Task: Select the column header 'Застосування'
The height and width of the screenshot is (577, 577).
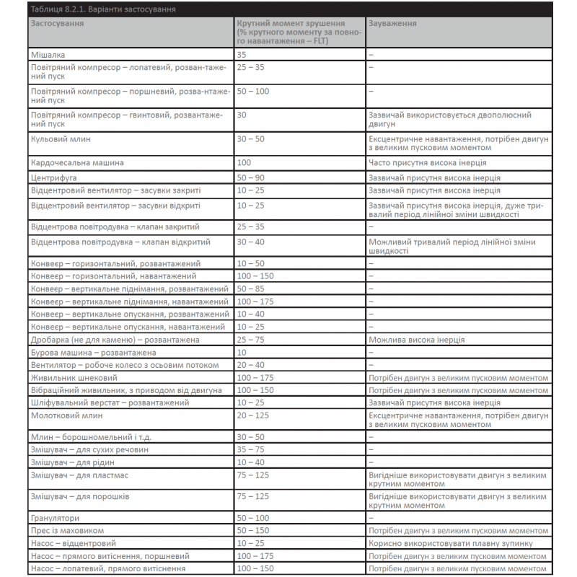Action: (x=57, y=23)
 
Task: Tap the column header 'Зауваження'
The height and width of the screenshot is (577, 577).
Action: (x=392, y=23)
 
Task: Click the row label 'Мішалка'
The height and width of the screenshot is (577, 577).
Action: (x=48, y=54)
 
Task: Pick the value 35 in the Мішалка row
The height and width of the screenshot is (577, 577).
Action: (x=242, y=54)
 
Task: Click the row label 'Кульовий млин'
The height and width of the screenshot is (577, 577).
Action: (x=61, y=138)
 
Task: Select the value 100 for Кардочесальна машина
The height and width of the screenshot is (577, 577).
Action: (x=244, y=163)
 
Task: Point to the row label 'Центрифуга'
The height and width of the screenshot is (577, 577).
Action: (x=54, y=177)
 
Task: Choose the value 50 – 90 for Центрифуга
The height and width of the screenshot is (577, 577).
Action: (x=250, y=177)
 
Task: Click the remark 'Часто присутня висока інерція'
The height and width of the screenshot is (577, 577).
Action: (x=427, y=163)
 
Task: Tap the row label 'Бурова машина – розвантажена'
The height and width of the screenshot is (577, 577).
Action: (x=94, y=353)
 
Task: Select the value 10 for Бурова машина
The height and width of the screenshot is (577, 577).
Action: (x=242, y=353)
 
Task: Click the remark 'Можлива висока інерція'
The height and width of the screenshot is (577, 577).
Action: (x=416, y=340)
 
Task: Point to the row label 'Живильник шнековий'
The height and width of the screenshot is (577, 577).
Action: (x=74, y=377)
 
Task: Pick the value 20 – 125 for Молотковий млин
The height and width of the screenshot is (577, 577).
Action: (x=252, y=415)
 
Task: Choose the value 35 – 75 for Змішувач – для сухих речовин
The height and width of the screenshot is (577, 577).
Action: (x=250, y=449)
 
